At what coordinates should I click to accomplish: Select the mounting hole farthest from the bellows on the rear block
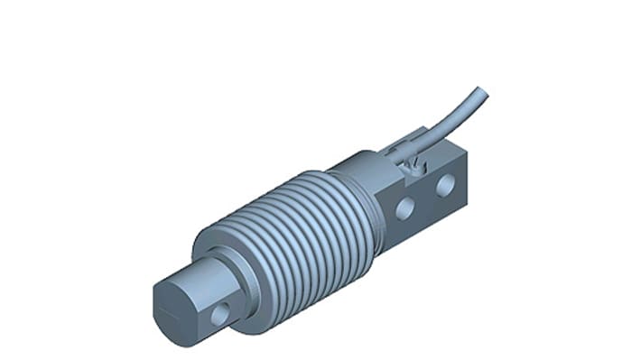(445, 187)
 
